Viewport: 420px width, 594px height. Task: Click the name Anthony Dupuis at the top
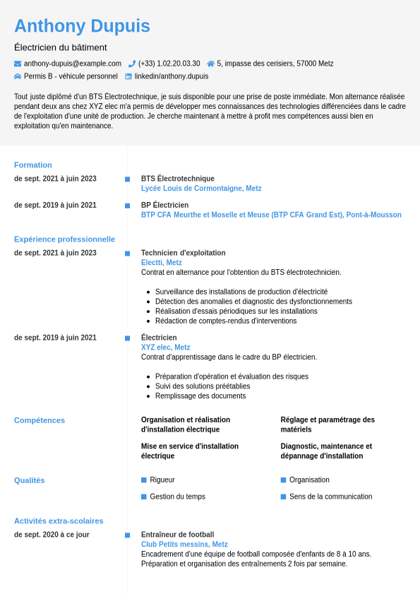click(x=82, y=26)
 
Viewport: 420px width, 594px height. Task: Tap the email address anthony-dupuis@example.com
click(x=72, y=64)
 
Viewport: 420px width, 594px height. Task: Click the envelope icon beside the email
click(x=18, y=64)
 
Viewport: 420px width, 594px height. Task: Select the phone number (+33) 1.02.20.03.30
click(x=169, y=64)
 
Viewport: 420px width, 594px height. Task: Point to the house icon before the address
click(x=210, y=64)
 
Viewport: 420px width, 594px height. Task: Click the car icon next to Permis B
click(x=18, y=76)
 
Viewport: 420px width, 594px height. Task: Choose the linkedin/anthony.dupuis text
click(x=172, y=76)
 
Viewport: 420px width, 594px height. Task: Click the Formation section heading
click(x=33, y=165)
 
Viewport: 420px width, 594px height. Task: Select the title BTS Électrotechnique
click(x=178, y=179)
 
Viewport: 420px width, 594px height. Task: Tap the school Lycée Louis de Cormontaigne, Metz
click(x=201, y=189)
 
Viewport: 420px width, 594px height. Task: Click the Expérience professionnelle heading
click(x=64, y=239)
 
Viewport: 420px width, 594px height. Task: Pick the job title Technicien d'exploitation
click(x=184, y=253)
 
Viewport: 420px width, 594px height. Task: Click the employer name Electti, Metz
click(x=162, y=263)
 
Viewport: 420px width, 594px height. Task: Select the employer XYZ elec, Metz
click(x=166, y=348)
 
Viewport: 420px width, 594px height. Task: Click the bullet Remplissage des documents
click(x=200, y=396)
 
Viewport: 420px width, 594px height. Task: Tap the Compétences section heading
click(x=40, y=420)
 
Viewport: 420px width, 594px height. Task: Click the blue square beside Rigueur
click(x=144, y=480)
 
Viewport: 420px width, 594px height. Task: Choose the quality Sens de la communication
click(x=330, y=497)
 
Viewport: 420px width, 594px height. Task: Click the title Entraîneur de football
click(x=177, y=535)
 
